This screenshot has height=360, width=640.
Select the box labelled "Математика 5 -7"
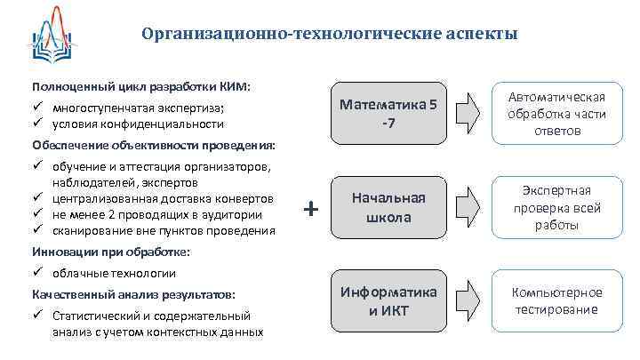[x=388, y=113]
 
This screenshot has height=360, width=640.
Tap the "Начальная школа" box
[x=388, y=207]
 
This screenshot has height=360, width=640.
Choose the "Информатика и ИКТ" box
[x=388, y=301]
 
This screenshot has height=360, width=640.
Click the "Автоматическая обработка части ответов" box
[x=557, y=114]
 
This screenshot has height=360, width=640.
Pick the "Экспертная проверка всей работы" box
[x=557, y=208]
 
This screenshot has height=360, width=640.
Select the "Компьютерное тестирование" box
[x=557, y=301]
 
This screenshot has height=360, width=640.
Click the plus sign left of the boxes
[x=310, y=209]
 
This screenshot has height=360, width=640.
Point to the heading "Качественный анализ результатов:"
[x=133, y=293]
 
